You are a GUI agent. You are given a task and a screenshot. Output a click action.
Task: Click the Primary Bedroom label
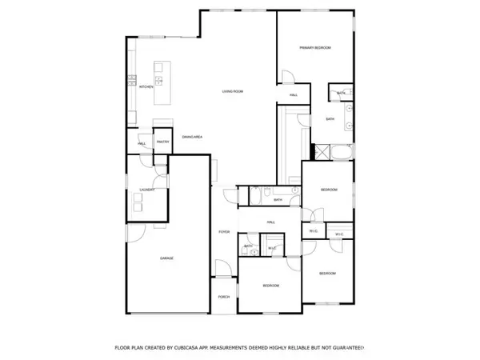[x=315, y=48]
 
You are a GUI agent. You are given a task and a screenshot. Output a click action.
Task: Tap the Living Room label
[x=233, y=92]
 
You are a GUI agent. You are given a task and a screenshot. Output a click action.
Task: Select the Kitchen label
[x=146, y=86]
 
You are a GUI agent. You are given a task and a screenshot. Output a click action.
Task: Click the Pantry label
[x=162, y=142]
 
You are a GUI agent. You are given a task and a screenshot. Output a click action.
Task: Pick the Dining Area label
[x=191, y=137]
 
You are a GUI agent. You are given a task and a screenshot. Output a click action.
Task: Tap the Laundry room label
[x=146, y=190]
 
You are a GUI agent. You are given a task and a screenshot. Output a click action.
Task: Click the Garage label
[x=167, y=258]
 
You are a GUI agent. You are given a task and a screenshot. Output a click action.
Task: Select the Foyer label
[x=225, y=232]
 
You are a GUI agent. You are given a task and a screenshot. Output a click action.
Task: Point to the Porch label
[x=224, y=297]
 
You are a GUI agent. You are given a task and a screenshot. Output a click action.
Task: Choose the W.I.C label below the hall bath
[x=272, y=248]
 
